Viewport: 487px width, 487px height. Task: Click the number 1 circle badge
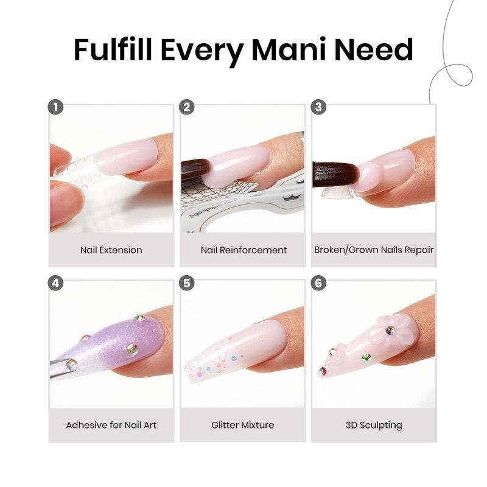(55, 107)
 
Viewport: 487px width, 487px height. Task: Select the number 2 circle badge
(187, 107)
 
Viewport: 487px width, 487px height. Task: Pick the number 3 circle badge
(318, 107)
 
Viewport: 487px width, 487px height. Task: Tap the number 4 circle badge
(55, 283)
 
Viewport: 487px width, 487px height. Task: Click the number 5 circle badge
(187, 283)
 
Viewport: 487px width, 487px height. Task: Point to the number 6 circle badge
(318, 283)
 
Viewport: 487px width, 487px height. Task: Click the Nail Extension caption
(111, 250)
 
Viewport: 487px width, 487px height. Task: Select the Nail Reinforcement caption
(244, 250)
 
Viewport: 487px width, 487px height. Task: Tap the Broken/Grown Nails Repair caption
(374, 250)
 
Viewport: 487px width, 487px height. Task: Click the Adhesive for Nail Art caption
(111, 425)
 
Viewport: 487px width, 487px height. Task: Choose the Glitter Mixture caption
(242, 425)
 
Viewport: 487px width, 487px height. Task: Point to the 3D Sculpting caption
(374, 425)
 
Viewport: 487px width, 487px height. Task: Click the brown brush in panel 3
(335, 175)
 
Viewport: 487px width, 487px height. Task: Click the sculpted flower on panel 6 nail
(392, 331)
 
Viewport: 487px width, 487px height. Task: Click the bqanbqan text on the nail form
(214, 209)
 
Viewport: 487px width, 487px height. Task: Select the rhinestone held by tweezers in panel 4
(72, 364)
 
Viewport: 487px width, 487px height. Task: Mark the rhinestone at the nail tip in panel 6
(323, 371)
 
